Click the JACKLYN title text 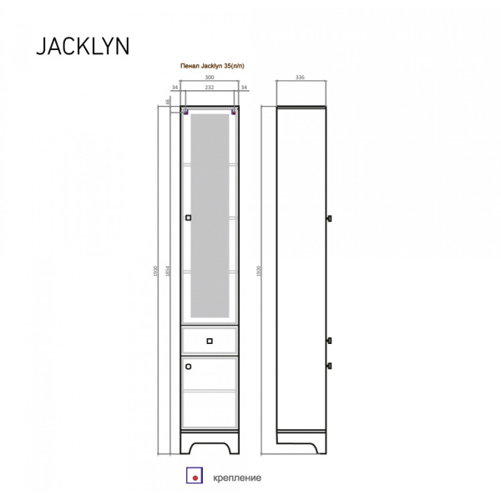(82, 46)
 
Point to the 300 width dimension (209, 78)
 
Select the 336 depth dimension (300, 78)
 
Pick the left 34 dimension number (175, 87)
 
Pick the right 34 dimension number (244, 87)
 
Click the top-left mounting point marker (185, 110)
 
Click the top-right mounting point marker (235, 110)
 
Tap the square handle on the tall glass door (188, 219)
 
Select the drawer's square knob (209, 340)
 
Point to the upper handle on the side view (329, 219)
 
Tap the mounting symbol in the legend (195, 478)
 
